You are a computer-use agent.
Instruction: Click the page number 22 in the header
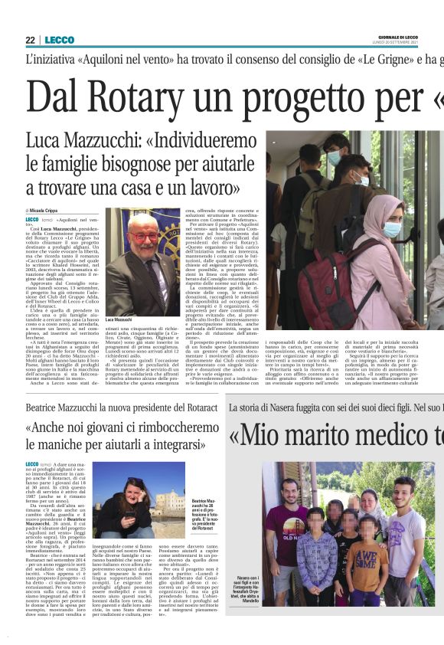(x=30, y=40)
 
